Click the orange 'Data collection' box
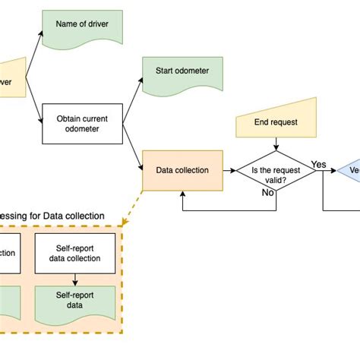182,171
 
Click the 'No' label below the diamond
268,193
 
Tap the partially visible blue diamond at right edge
350,171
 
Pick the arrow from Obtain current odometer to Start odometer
131,96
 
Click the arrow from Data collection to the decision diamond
228,171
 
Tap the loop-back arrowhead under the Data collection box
182,194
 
